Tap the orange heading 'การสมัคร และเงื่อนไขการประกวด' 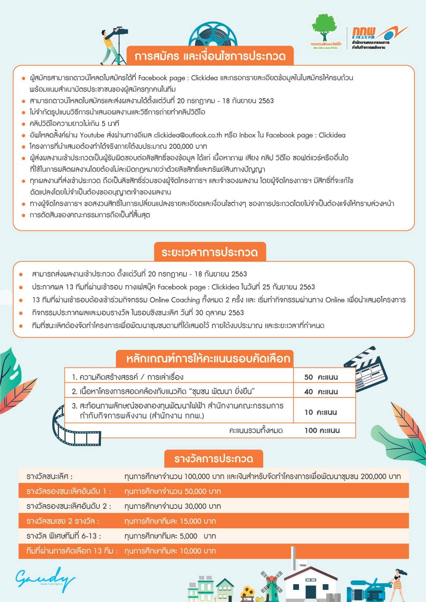[x=210, y=56]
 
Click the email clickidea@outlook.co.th [x=188, y=135]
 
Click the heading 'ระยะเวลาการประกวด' [x=209, y=252]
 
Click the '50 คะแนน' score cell [x=321, y=377]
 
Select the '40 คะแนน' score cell [x=321, y=391]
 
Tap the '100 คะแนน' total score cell [x=322, y=430]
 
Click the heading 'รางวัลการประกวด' [x=213, y=459]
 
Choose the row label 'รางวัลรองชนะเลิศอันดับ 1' [x=68, y=491]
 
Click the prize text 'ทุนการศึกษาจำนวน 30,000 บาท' [x=173, y=506]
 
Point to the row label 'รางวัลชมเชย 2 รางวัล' [x=63, y=521]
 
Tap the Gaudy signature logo [x=45, y=578]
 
